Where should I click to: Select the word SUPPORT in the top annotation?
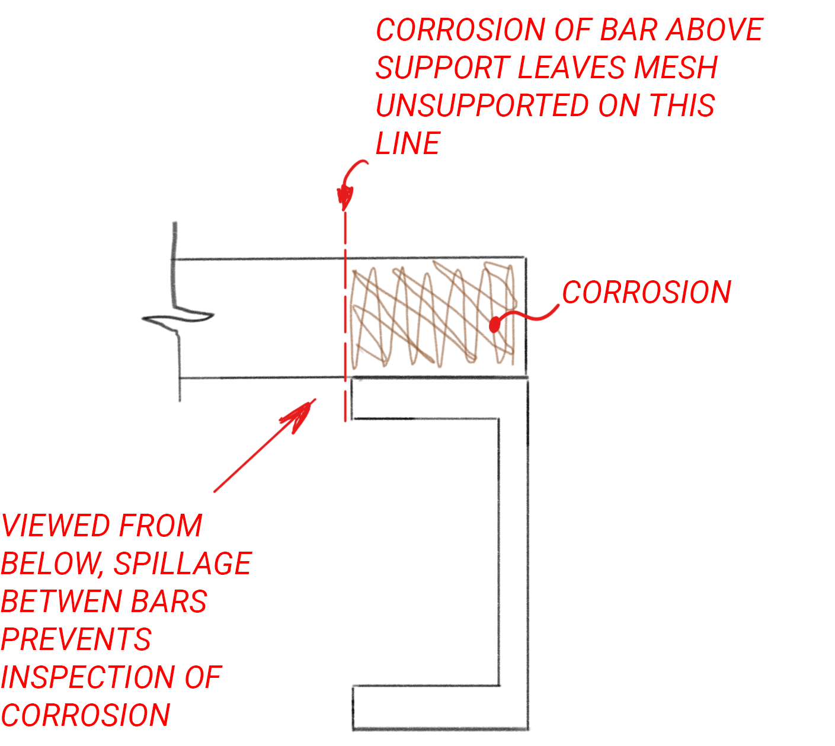443,68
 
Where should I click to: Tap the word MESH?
676,68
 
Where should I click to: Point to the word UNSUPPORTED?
483,105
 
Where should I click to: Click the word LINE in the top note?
408,143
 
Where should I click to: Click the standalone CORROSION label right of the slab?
646,292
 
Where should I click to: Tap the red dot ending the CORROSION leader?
494,325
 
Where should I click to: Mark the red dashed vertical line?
345,316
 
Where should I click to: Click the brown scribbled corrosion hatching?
433,314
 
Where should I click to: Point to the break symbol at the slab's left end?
177,318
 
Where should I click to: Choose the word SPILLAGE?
183,563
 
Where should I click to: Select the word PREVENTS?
76,639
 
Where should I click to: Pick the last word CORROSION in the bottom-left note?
85,715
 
